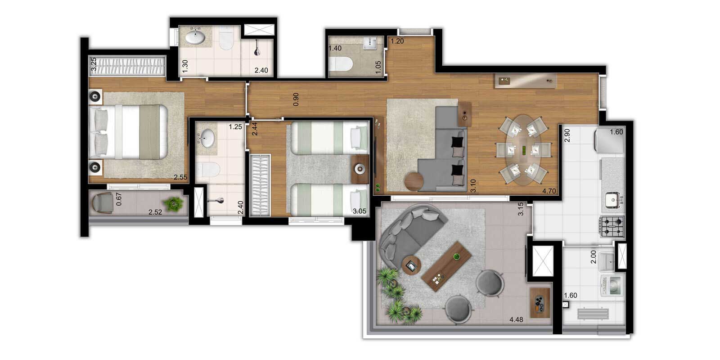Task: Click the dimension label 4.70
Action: click(x=549, y=191)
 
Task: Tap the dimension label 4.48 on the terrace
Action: click(x=516, y=319)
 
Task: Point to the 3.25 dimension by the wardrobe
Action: click(x=94, y=64)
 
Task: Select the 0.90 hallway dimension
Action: click(x=296, y=99)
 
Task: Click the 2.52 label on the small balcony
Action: click(x=155, y=212)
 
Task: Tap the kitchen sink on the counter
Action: click(x=613, y=200)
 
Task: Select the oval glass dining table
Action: click(x=523, y=150)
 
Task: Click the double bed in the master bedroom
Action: click(x=128, y=132)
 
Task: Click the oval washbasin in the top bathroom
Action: click(x=195, y=36)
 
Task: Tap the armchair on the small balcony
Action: click(x=103, y=203)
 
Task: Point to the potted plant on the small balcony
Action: click(x=173, y=203)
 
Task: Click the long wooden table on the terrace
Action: click(x=446, y=266)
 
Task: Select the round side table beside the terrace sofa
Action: click(x=411, y=265)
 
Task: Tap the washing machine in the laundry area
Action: click(x=612, y=285)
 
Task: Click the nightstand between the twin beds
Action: click(x=360, y=169)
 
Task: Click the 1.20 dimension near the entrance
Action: click(x=397, y=41)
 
